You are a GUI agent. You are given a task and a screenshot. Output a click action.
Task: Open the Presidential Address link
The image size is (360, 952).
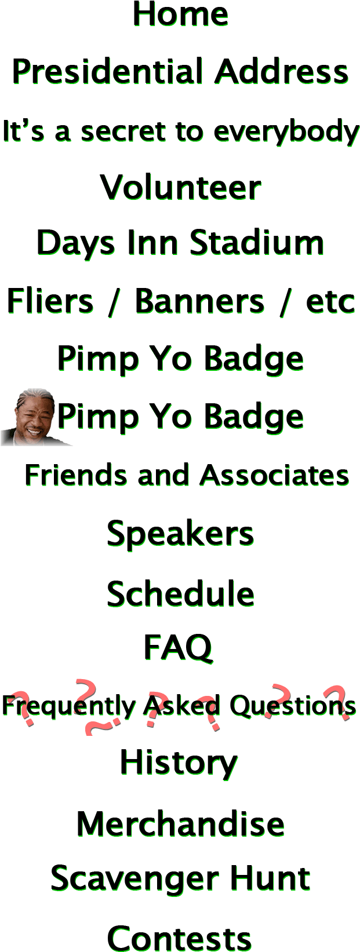pos(180,73)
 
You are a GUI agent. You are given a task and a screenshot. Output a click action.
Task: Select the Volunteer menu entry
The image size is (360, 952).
pos(180,188)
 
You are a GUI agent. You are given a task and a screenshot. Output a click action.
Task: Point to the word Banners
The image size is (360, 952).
pos(199,301)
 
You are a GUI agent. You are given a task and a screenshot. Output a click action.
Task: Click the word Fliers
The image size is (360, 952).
pos(50,301)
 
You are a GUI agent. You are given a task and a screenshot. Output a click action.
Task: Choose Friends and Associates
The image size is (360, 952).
pos(187,476)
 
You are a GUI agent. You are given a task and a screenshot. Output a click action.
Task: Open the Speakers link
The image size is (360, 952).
pos(180,533)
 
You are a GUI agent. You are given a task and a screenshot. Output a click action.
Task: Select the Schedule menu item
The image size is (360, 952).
pos(180,593)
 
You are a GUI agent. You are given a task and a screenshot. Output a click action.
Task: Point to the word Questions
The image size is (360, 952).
pos(292,706)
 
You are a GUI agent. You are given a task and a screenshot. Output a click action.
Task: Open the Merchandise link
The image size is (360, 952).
pos(180,824)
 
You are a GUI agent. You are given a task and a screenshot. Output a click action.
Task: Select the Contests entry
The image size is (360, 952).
pos(180,938)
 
